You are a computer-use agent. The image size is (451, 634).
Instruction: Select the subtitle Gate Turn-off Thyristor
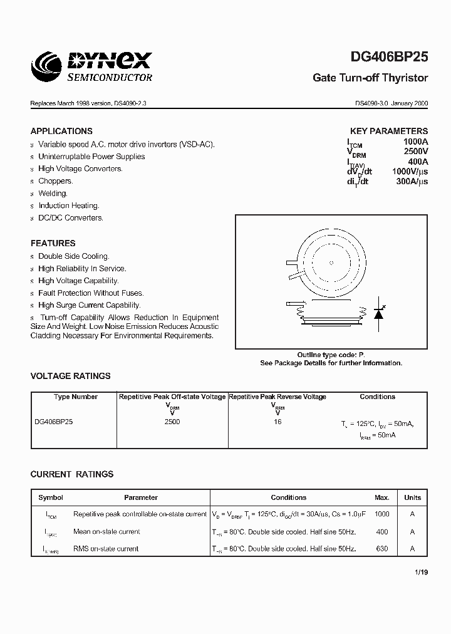click(370, 78)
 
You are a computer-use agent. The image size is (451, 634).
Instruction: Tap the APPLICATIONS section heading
click(61, 131)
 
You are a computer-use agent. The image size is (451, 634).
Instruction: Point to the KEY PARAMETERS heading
click(388, 132)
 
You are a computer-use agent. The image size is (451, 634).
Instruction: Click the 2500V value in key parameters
click(415, 152)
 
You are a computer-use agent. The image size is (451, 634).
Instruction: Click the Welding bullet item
click(53, 194)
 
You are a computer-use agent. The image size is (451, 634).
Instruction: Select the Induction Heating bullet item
click(68, 205)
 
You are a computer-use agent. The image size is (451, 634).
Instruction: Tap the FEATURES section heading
click(53, 243)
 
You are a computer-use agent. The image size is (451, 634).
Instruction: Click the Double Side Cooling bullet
click(73, 256)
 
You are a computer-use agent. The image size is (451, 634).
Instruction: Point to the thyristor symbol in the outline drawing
click(378, 313)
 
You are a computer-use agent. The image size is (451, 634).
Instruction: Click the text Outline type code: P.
click(331, 355)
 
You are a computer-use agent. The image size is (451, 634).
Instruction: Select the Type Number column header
click(75, 397)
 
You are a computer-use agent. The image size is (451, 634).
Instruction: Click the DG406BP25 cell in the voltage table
click(54, 422)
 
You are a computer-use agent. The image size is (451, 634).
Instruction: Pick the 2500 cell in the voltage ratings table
click(172, 422)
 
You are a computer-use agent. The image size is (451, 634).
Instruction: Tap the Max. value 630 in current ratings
click(381, 549)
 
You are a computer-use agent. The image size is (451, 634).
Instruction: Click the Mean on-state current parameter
click(106, 532)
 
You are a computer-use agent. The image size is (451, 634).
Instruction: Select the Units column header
click(412, 497)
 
